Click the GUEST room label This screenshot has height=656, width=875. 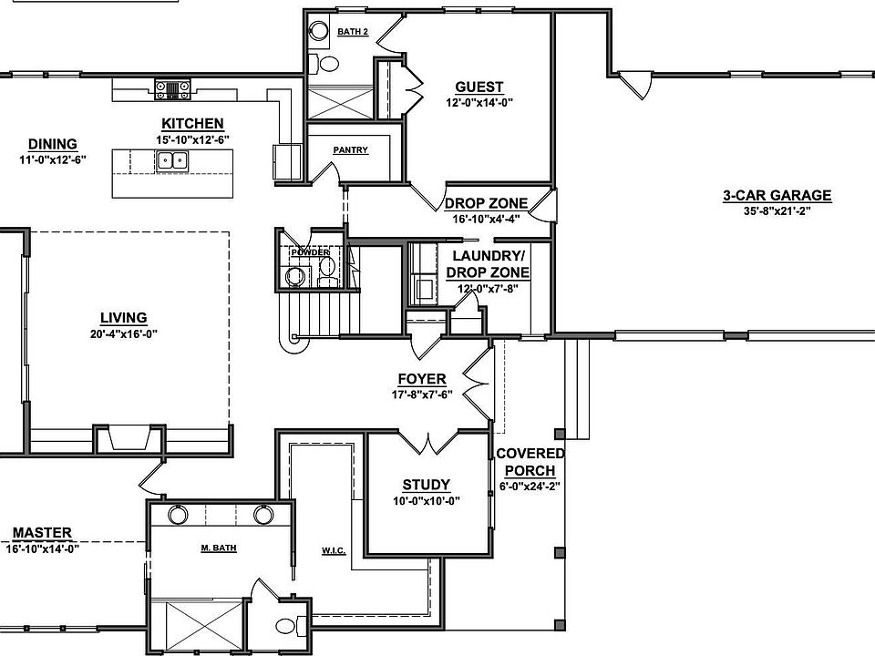[479, 87]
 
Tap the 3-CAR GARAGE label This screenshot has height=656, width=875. [777, 195]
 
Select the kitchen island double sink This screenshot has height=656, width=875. [170, 161]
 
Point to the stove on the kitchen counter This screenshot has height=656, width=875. [171, 88]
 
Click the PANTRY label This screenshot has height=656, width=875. [351, 149]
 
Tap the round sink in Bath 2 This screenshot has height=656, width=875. [319, 30]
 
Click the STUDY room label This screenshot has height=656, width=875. [427, 485]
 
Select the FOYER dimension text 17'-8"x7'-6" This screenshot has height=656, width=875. [422, 395]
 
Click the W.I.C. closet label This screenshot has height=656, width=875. [333, 549]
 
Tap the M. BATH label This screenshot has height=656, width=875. [219, 548]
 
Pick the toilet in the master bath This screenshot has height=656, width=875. [286, 627]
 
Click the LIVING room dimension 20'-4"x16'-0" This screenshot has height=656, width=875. [124, 333]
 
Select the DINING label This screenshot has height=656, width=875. [52, 143]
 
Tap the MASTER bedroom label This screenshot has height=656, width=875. [42, 533]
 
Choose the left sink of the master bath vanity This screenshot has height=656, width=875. [178, 514]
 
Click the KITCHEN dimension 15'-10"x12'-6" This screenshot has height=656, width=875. [192, 138]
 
